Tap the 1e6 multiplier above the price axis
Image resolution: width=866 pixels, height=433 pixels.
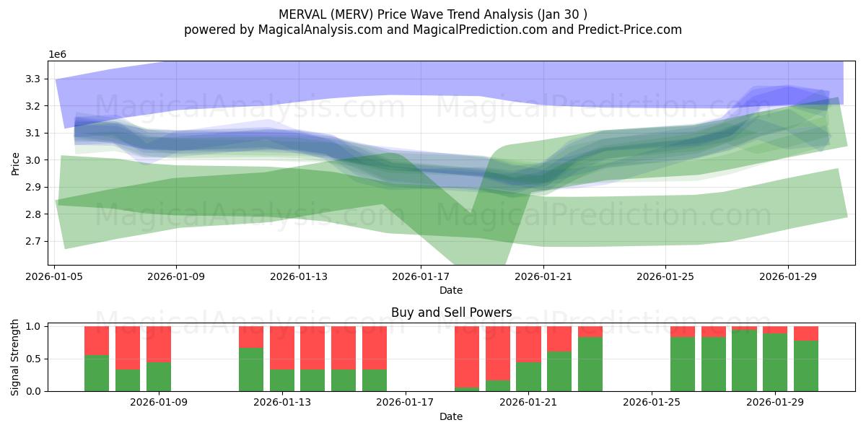58,55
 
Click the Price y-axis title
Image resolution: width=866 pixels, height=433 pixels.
16,164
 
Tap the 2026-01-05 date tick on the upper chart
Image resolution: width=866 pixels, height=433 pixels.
55,276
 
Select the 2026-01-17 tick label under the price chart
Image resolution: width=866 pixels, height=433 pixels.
421,276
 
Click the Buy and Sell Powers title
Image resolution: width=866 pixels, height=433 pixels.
451,312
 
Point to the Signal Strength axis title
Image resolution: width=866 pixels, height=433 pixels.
16,358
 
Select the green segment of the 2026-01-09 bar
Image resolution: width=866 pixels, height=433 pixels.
159,376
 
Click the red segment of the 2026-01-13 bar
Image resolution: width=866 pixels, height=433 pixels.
282,348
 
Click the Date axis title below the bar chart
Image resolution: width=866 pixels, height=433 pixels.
451,416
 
